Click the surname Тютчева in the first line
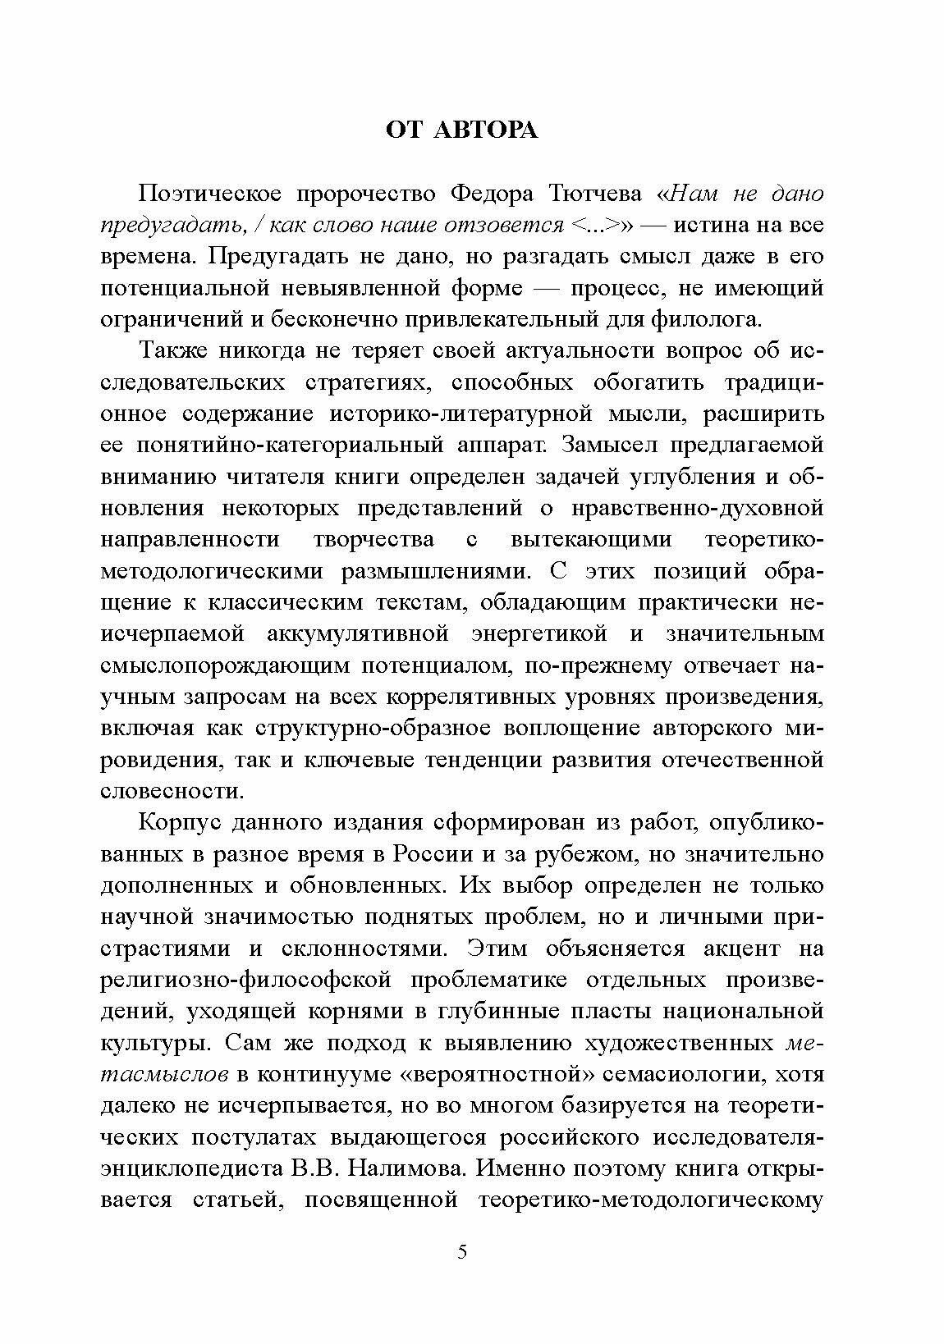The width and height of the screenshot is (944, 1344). point(590,194)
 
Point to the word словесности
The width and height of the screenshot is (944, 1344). point(172,792)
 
